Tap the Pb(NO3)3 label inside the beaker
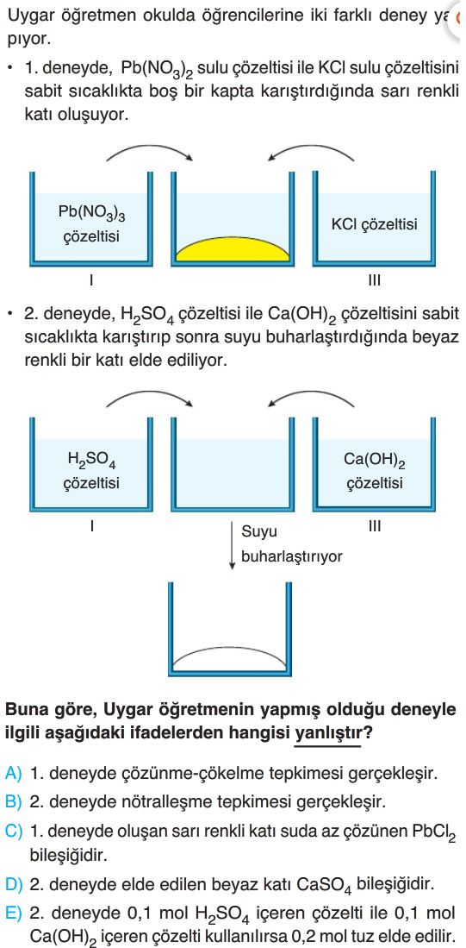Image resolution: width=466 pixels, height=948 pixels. tap(91, 213)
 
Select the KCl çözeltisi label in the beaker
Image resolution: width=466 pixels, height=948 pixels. tap(374, 225)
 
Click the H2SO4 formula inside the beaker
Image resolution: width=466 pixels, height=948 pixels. tap(91, 461)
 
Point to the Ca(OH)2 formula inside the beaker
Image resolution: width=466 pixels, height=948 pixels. tap(374, 461)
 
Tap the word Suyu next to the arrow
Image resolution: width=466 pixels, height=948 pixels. tap(259, 532)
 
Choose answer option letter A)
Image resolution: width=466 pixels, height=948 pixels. tap(13, 773)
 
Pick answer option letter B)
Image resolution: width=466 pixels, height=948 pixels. tap(13, 801)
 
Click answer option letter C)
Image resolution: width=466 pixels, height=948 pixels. tap(13, 831)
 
